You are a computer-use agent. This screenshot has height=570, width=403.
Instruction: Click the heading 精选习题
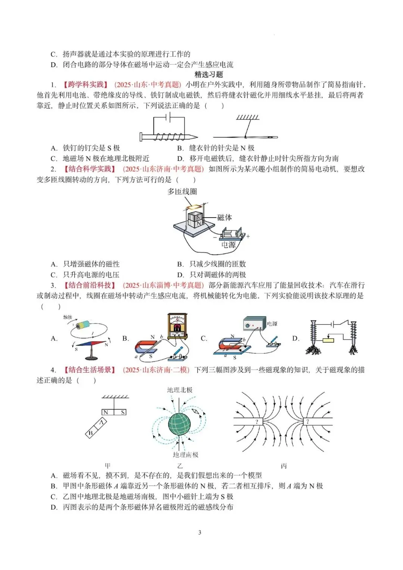(x=209, y=74)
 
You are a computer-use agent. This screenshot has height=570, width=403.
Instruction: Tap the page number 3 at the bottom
(x=200, y=532)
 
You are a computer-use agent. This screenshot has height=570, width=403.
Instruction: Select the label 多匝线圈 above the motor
(x=182, y=191)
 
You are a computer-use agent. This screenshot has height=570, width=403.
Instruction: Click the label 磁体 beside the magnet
(x=224, y=217)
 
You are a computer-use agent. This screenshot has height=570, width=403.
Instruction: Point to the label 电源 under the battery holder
(x=228, y=245)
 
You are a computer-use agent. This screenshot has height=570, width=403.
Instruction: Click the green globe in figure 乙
(x=179, y=422)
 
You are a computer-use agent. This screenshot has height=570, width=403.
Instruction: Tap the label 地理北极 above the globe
(x=179, y=390)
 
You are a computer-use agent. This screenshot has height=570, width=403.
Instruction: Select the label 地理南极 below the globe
(x=185, y=455)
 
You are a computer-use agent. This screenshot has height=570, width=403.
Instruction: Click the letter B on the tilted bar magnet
(x=90, y=433)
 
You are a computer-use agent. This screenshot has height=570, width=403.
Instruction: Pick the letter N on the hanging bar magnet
(x=106, y=412)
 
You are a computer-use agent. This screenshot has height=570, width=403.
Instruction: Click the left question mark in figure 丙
(x=257, y=422)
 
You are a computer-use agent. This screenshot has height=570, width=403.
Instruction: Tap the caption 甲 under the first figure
(x=107, y=466)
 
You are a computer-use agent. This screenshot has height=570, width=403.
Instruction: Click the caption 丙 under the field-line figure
(x=284, y=466)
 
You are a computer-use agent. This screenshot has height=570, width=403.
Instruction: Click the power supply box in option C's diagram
(x=254, y=325)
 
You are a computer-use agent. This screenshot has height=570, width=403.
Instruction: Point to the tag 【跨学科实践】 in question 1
(x=85, y=85)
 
